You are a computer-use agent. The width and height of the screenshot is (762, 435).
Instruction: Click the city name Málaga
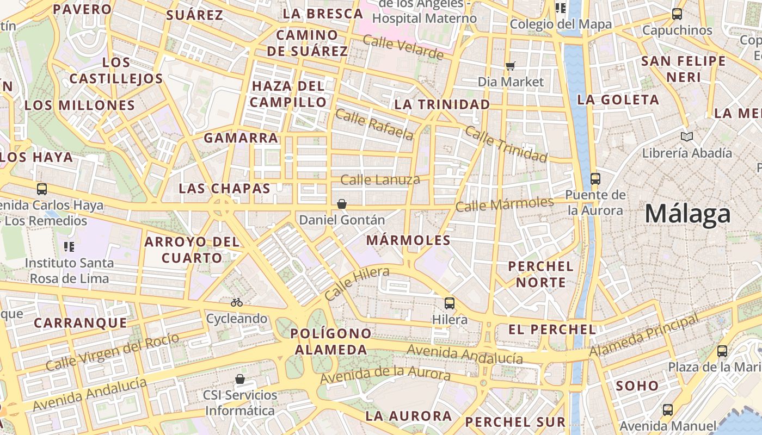687,214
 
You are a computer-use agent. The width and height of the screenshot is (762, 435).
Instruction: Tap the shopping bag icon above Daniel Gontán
342,204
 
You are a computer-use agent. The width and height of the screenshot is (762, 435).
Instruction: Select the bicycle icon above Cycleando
237,302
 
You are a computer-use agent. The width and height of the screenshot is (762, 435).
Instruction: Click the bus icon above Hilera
450,303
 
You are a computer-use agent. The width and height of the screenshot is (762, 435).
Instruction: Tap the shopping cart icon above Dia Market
511,66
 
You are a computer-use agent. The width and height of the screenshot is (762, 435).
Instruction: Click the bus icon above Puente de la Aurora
595,178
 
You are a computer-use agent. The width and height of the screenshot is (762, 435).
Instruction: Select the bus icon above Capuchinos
677,14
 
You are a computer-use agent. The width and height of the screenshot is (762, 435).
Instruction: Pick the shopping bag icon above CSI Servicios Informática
240,379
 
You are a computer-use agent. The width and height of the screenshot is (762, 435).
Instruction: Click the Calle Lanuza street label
380,179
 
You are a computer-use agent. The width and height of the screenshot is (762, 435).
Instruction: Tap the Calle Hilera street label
357,283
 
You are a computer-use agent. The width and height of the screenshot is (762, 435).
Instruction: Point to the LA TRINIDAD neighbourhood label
442,104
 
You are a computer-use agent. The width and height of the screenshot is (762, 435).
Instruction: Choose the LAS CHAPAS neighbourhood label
224,189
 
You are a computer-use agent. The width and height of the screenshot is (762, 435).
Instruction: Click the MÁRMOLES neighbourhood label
408,240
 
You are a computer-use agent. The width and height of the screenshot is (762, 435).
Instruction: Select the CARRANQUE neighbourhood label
81,322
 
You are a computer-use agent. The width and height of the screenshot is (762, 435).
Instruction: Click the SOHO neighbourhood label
637,386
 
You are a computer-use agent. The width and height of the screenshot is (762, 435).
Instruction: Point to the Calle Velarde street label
403,47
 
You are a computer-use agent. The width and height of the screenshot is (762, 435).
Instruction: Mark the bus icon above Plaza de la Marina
722,351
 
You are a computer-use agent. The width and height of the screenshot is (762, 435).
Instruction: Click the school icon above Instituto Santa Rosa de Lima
69,247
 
